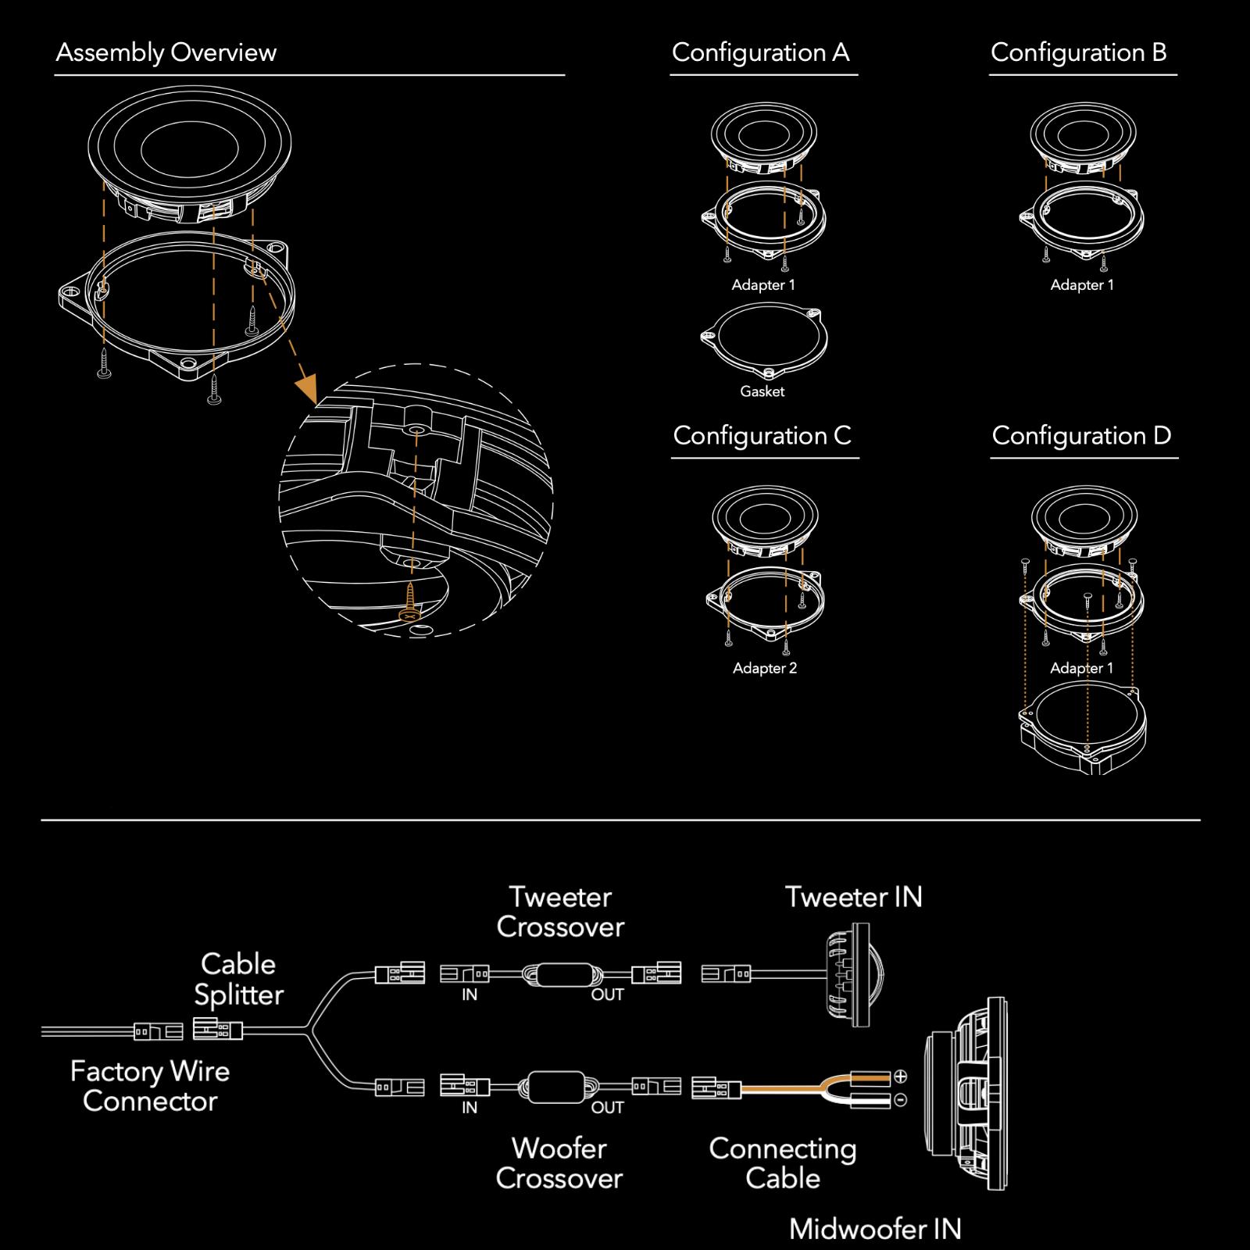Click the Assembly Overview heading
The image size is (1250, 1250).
(x=166, y=52)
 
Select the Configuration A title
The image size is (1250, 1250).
(x=761, y=52)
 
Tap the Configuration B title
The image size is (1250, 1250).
(x=1079, y=52)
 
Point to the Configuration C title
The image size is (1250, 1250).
(x=762, y=435)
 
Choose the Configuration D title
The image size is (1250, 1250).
(x=1082, y=435)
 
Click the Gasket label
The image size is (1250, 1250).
(x=762, y=391)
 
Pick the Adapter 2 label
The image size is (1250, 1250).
(x=765, y=668)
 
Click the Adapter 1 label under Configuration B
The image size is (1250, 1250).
(x=1082, y=285)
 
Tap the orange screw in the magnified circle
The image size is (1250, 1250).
(x=409, y=606)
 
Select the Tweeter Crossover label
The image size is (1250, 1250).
(x=560, y=912)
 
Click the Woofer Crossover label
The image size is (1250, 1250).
(x=559, y=1163)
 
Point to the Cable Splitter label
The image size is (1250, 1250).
(x=238, y=979)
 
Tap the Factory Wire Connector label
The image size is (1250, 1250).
(x=150, y=1086)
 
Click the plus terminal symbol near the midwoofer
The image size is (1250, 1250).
(x=900, y=1077)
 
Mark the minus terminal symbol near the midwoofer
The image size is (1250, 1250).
(x=900, y=1101)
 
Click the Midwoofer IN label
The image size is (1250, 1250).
(x=875, y=1229)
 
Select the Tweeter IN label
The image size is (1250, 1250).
(x=854, y=897)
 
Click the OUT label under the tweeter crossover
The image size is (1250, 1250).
(x=608, y=995)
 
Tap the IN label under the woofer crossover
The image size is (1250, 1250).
(x=470, y=1108)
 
